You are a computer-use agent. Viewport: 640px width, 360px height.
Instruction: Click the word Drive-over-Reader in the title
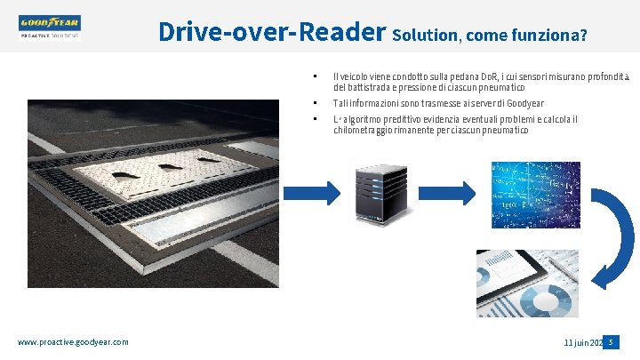pos(271,32)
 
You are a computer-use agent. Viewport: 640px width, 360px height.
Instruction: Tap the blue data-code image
pos(535,195)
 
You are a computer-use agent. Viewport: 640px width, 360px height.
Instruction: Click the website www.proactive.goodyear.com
pos(73,342)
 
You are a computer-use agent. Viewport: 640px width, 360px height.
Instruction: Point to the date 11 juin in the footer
pos(578,342)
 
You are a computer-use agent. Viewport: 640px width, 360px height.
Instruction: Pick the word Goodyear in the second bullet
pos(550,104)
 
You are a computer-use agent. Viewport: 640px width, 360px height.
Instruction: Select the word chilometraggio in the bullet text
pos(366,131)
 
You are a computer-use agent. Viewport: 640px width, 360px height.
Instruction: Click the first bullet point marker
pos(315,75)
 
